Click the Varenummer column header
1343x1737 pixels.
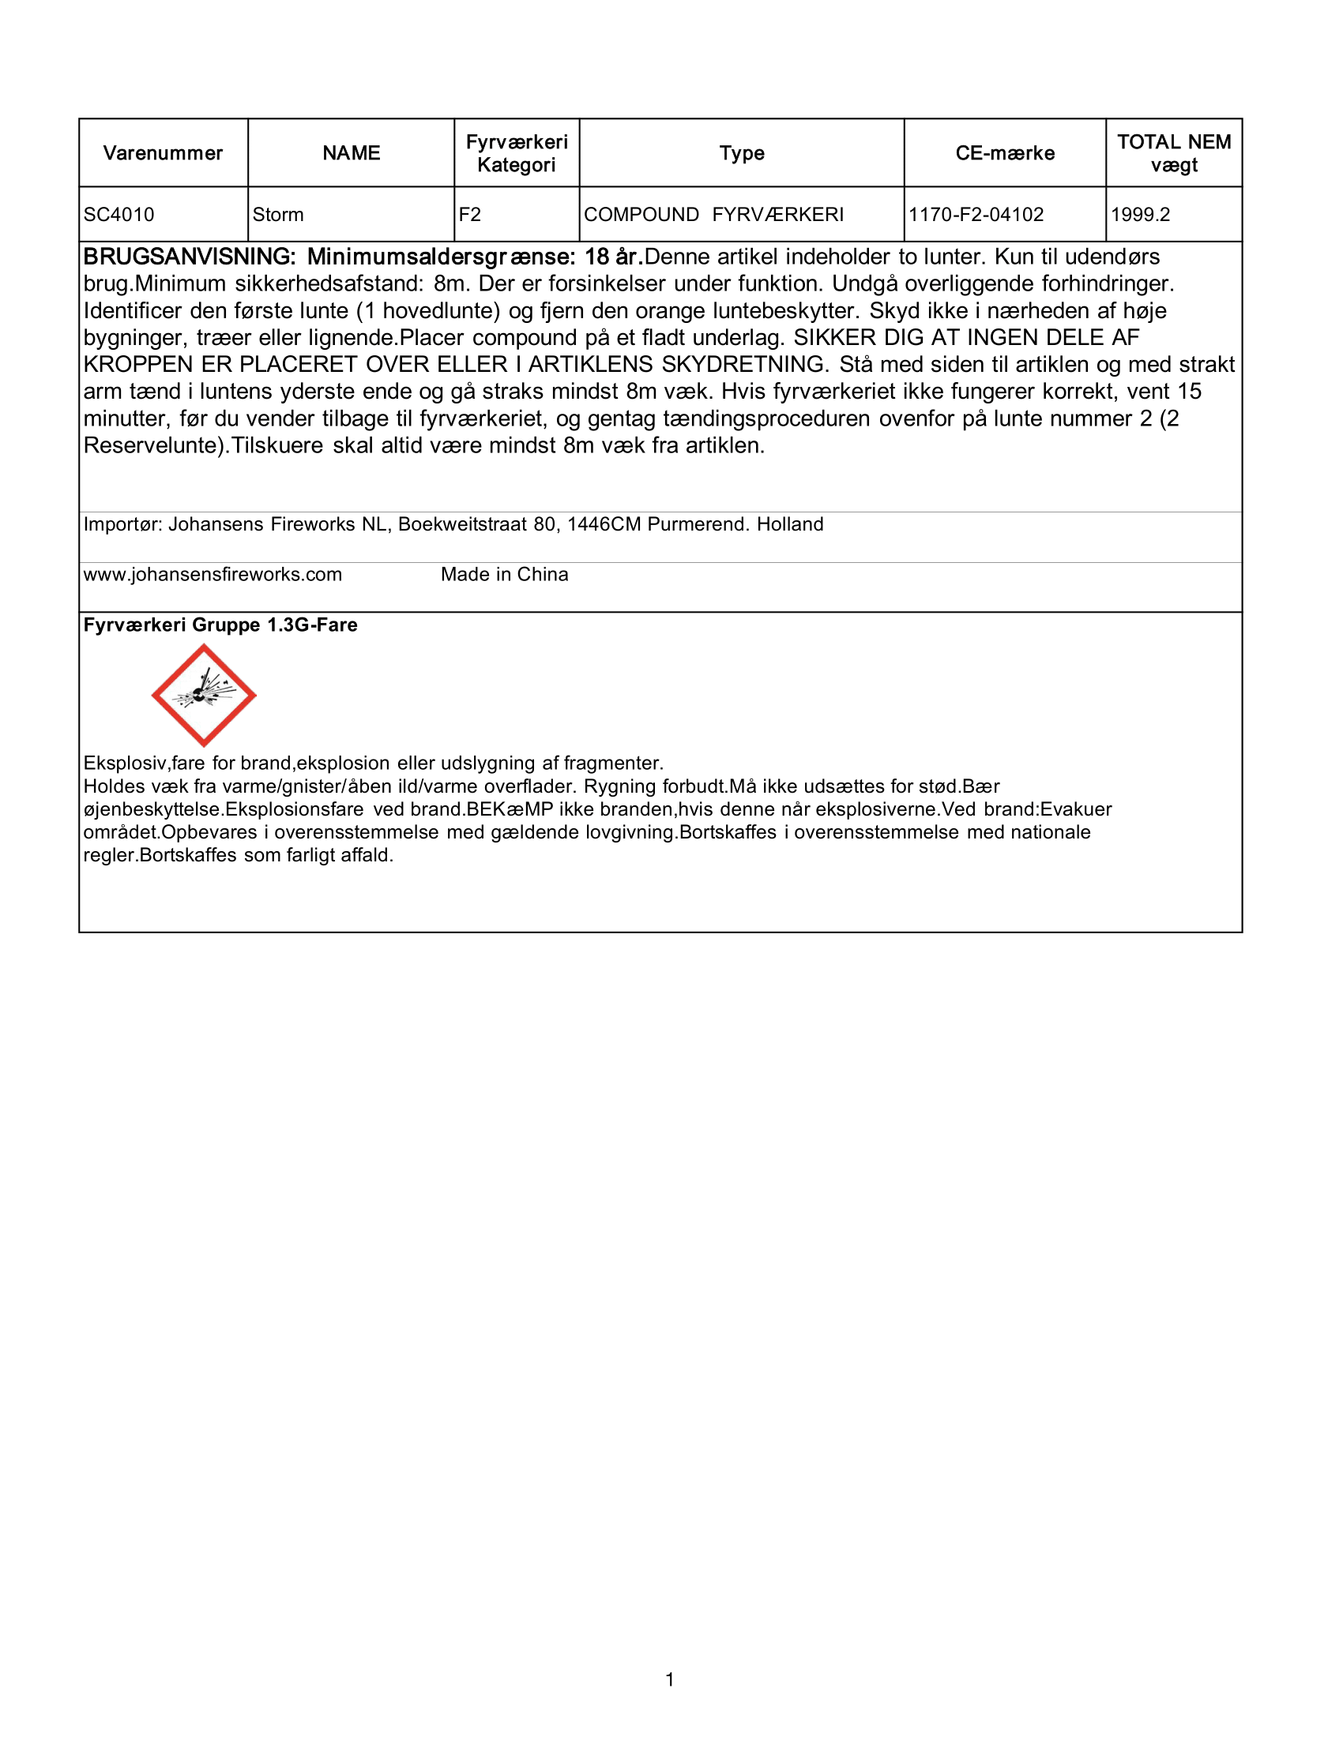(x=163, y=153)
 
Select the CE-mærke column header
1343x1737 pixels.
(x=1005, y=153)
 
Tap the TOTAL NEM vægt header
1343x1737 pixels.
(x=1173, y=153)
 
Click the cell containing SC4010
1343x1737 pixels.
(x=119, y=215)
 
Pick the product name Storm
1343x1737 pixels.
(x=277, y=215)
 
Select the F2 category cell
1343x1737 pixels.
(x=470, y=215)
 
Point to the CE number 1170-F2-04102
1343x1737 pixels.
(x=976, y=215)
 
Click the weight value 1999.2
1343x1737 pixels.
(x=1140, y=215)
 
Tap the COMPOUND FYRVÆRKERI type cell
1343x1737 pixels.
(x=713, y=215)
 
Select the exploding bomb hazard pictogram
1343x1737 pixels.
(x=204, y=695)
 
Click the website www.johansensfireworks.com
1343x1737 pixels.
(x=213, y=575)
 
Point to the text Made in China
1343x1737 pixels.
(x=505, y=575)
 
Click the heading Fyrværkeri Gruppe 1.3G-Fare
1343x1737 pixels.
(x=220, y=625)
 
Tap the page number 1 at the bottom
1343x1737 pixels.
(x=670, y=1679)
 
